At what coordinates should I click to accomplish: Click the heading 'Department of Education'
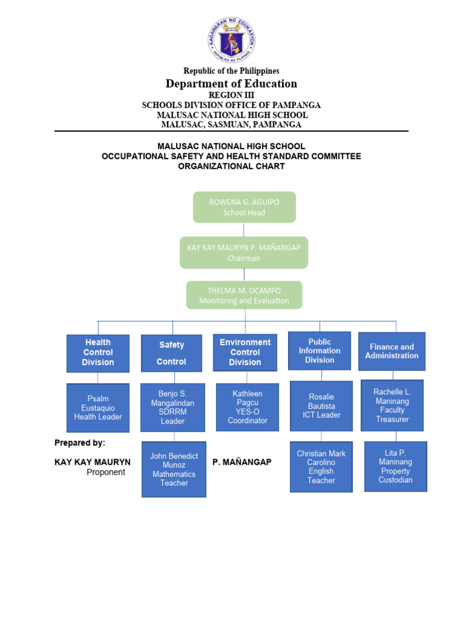231,84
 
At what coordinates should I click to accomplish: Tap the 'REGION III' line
231,95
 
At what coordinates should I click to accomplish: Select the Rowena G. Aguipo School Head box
244,207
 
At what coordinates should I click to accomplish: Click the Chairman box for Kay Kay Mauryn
244,252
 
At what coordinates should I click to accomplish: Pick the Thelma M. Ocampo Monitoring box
244,295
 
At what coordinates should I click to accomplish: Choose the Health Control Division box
98,352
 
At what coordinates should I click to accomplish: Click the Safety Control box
172,353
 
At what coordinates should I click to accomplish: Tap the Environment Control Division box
245,352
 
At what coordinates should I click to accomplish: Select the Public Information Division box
320,351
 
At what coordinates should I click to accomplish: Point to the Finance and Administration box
392,351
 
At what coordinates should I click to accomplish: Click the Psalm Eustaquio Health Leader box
98,407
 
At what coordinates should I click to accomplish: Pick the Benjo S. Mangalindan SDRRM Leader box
172,407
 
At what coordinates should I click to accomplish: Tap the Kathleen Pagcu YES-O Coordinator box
247,407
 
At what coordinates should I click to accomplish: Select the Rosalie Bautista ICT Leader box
321,406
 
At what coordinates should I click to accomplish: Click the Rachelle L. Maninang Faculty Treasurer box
392,405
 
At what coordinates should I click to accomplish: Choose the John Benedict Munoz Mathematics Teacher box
174,470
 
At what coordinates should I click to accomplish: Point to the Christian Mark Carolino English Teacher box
321,467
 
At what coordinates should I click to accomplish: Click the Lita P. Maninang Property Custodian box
395,466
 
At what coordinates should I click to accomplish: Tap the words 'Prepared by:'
80,442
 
